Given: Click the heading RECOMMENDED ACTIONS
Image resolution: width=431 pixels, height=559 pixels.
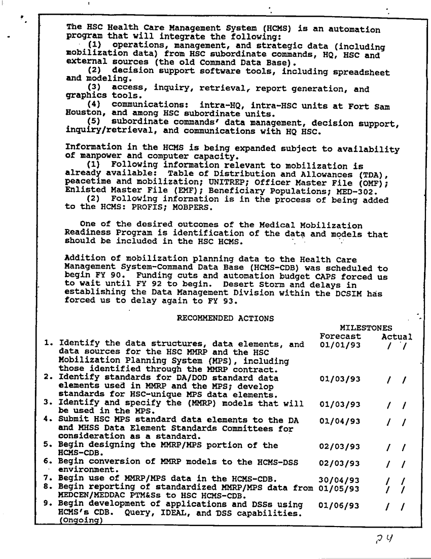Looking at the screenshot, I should pyautogui.click(x=225, y=318).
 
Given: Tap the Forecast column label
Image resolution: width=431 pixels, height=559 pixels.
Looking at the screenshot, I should pyautogui.click(x=341, y=336).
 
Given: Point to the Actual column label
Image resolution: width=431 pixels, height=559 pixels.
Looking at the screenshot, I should pyautogui.click(x=397, y=336).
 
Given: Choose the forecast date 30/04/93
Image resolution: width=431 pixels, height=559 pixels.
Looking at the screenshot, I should pyautogui.click(x=339, y=480).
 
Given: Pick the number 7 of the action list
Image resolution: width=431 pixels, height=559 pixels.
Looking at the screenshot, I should pyautogui.click(x=47, y=480).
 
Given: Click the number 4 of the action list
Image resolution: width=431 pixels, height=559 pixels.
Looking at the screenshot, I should pyautogui.click(x=47, y=420).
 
